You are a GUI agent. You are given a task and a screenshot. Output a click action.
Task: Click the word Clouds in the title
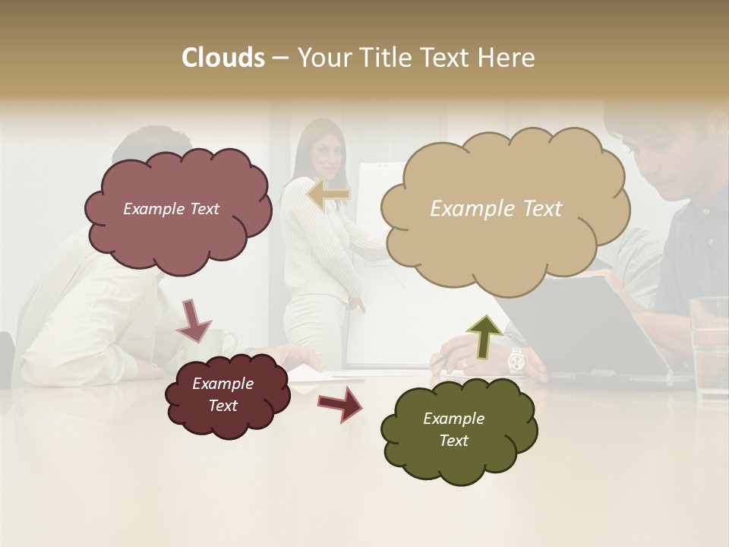223,58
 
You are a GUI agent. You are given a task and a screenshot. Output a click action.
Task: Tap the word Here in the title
507,58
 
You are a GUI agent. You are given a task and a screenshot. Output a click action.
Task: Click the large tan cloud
503,209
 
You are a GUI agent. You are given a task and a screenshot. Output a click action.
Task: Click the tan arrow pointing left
329,194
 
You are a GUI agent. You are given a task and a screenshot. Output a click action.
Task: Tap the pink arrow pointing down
194,319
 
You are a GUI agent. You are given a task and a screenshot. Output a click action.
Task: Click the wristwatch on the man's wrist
516,360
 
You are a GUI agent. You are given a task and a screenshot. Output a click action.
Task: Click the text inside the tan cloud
496,209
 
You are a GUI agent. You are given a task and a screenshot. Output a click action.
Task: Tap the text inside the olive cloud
454,429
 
